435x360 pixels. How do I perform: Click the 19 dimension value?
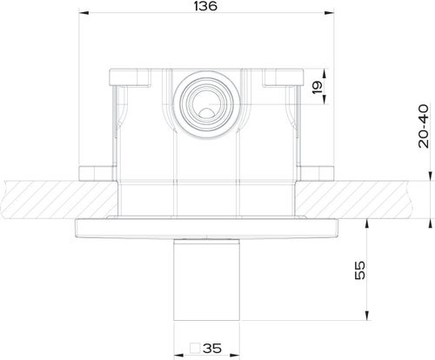click(318, 89)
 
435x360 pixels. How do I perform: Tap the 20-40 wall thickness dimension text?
click(423, 127)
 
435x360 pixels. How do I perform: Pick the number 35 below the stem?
click(211, 348)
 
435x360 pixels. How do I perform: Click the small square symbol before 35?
click(196, 348)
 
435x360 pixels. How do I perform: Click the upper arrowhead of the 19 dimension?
click(323, 70)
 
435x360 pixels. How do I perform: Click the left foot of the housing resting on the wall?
click(96, 170)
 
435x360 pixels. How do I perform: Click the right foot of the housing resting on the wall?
click(318, 170)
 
